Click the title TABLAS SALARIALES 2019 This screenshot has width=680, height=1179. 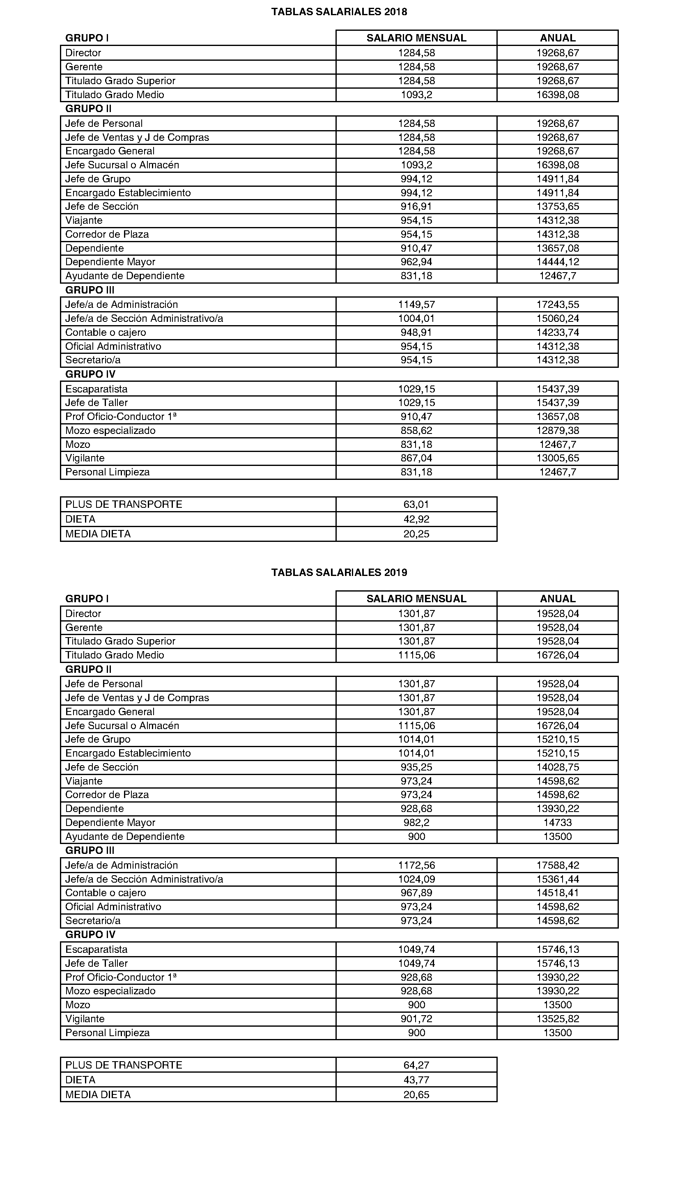click(339, 572)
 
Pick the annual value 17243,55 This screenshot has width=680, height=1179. click(557, 304)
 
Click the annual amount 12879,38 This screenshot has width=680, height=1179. click(557, 430)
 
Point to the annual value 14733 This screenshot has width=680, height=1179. click(557, 822)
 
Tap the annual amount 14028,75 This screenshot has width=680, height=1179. click(557, 767)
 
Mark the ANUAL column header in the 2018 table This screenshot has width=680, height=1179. click(557, 38)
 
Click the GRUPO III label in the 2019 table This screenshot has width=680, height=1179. click(90, 851)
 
